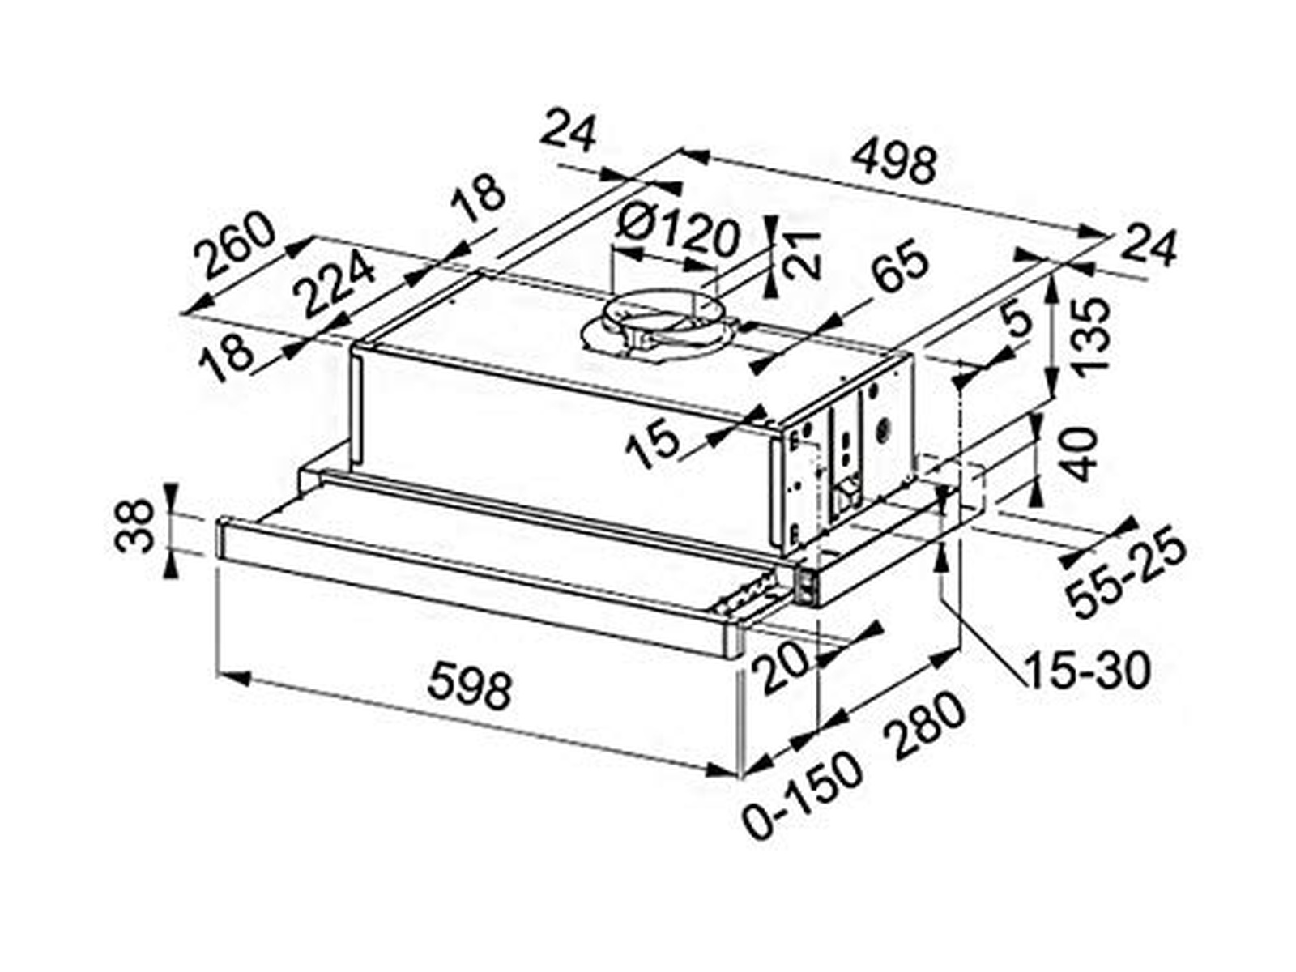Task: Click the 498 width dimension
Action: (895, 164)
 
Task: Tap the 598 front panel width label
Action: (469, 686)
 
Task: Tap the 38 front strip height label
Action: (134, 526)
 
